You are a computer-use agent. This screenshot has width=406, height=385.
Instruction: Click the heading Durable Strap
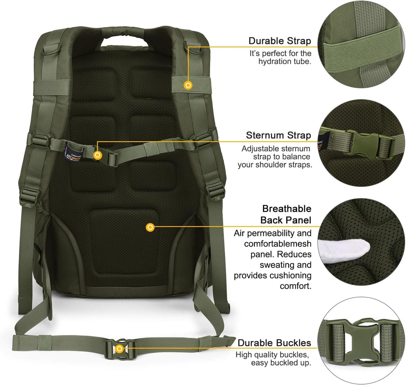click(280, 41)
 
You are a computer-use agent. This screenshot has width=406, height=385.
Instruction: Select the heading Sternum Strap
click(278, 135)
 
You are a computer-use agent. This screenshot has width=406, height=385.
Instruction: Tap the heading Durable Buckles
click(274, 343)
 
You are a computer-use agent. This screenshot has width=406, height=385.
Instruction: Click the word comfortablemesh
click(278, 244)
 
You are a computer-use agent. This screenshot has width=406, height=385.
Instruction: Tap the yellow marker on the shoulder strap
click(189, 84)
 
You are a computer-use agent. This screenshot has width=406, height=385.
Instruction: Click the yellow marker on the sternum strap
click(98, 155)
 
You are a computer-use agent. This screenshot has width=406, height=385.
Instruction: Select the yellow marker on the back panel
click(150, 227)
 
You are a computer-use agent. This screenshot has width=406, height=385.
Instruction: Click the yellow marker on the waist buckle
click(119, 348)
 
